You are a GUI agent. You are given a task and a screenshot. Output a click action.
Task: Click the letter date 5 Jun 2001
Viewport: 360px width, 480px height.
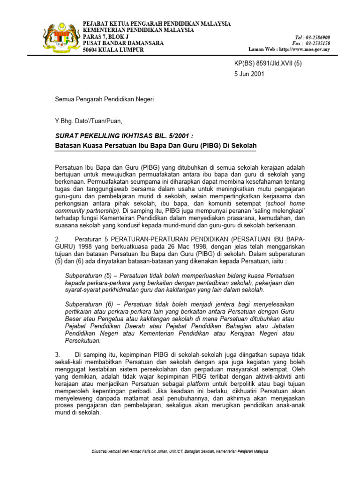tap(249, 74)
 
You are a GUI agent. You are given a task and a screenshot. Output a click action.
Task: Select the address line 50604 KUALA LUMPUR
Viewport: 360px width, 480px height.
tap(113, 50)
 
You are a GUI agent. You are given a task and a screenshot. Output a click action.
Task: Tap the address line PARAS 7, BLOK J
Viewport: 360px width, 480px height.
tap(105, 37)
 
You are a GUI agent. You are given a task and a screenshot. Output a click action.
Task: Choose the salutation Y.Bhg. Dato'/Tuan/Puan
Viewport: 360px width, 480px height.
tap(89, 121)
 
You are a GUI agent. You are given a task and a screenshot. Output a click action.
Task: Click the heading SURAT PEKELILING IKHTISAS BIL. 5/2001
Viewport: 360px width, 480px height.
tap(124, 136)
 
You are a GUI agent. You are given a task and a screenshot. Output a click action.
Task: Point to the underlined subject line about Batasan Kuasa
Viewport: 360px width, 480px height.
tap(156, 146)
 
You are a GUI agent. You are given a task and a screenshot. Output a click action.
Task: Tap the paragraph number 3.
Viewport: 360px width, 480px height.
tap(58, 355)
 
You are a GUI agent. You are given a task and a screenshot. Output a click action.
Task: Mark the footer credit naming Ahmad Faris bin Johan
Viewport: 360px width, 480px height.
tap(180, 451)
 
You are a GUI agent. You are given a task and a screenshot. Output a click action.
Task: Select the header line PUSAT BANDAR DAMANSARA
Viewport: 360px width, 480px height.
tap(123, 43)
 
